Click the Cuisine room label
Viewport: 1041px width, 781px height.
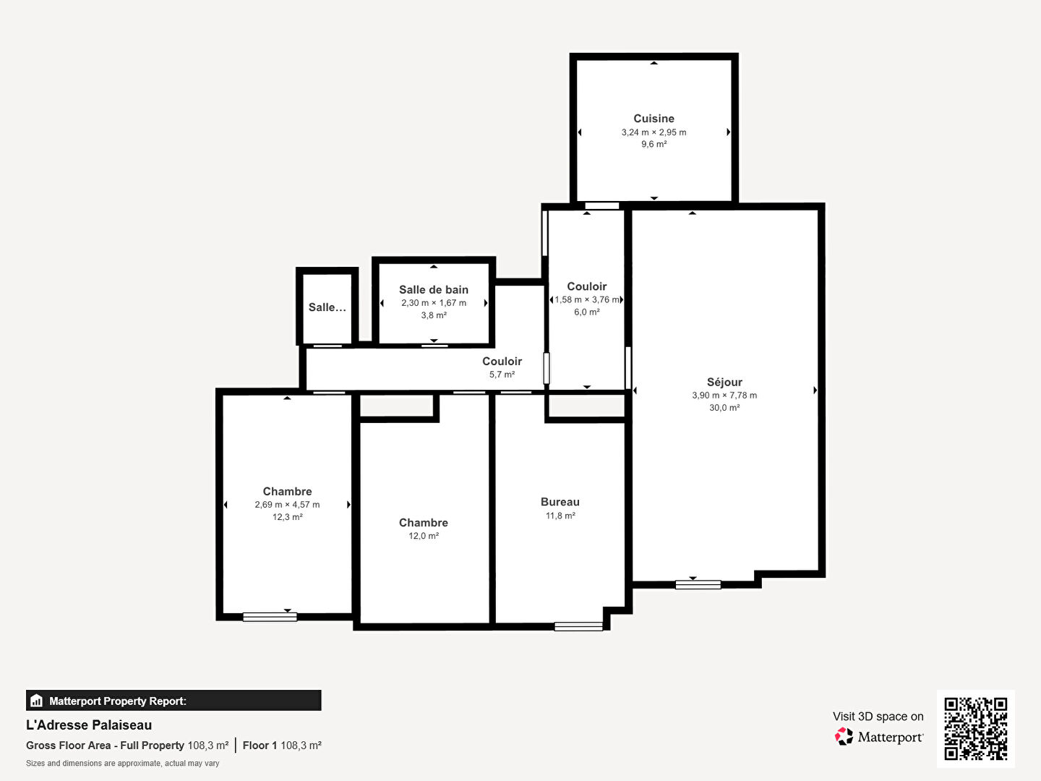(x=654, y=119)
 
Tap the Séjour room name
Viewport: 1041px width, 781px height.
(x=724, y=382)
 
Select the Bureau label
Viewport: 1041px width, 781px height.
(x=560, y=502)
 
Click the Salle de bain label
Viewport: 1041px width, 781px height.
(x=434, y=289)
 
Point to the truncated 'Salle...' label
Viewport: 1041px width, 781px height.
(x=327, y=307)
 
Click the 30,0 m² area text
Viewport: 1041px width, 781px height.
(x=724, y=408)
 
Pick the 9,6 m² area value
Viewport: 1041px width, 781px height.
(x=654, y=145)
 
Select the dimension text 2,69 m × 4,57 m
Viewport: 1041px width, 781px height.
(x=287, y=505)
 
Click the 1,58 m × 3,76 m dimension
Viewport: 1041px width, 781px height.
(x=586, y=299)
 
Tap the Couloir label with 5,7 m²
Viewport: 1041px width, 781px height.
(x=502, y=362)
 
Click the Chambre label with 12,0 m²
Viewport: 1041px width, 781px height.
(x=424, y=522)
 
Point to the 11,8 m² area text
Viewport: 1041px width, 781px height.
(x=560, y=516)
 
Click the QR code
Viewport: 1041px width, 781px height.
(x=975, y=728)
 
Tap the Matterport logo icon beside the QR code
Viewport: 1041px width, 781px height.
(x=844, y=737)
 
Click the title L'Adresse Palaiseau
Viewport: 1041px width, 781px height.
(x=89, y=725)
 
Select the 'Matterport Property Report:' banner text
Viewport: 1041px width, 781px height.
(x=117, y=701)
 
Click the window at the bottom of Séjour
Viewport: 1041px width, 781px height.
(x=698, y=584)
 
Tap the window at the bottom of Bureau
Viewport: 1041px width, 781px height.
(x=578, y=626)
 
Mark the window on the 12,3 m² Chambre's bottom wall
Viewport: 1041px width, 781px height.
(x=270, y=617)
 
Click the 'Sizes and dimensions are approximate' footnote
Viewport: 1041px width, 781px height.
(x=122, y=764)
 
